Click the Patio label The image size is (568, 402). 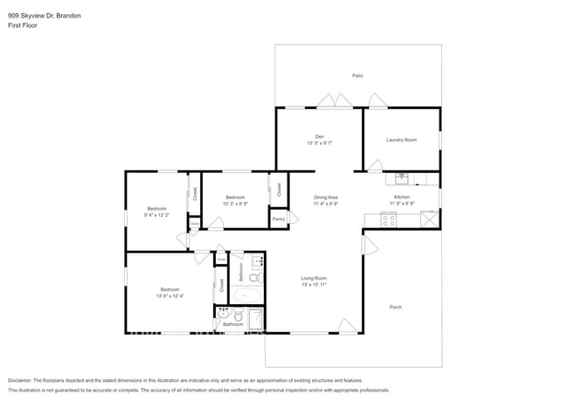(357, 76)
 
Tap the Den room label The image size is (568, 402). (320, 135)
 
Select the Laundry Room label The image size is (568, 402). (401, 140)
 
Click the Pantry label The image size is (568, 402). (279, 218)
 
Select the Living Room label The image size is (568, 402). (314, 279)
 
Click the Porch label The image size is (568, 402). (395, 307)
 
